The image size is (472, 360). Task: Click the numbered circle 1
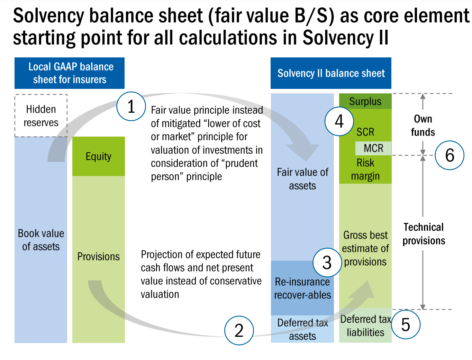131,106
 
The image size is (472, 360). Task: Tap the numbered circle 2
239,330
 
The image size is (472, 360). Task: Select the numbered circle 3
327,262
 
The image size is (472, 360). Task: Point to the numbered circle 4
339,121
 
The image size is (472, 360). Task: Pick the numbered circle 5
406,325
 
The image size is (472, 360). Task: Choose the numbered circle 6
450,155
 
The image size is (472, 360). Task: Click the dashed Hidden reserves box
41,116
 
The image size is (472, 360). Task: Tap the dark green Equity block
99,156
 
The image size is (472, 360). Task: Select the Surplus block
365,101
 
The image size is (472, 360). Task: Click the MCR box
373,148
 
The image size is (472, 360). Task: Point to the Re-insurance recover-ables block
302,288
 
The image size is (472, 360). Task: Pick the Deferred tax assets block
302,329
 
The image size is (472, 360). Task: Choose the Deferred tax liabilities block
365,326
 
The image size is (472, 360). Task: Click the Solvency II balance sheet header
331,73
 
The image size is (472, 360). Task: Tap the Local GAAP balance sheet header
70,73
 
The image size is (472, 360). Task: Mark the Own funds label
423,125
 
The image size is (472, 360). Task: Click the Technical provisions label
424,234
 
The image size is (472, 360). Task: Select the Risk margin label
365,169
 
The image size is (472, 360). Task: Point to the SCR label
365,132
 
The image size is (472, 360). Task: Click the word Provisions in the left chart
99,257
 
